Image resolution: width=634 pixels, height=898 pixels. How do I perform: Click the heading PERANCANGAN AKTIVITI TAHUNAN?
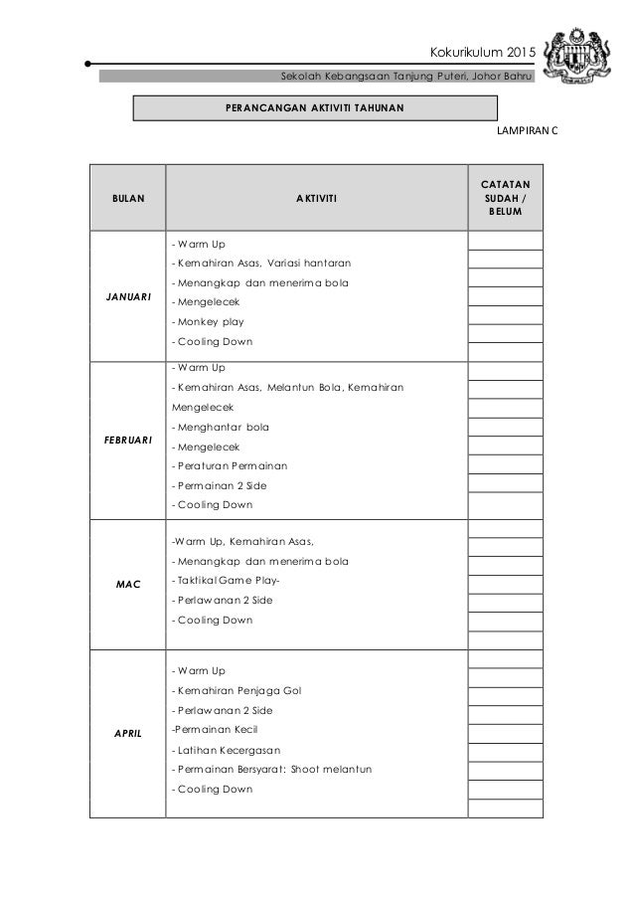pos(316,107)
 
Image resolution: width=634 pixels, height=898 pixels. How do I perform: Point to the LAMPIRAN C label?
pos(526,130)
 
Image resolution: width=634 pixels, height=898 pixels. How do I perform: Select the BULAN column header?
pos(127,199)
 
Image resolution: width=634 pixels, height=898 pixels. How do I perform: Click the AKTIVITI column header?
pos(316,199)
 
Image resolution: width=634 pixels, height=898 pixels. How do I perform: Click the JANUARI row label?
pos(127,294)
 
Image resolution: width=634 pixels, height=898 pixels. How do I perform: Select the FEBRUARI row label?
pos(127,440)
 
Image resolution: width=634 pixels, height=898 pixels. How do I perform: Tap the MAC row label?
pos(127,584)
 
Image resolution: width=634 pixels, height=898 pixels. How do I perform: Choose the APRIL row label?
pos(127,732)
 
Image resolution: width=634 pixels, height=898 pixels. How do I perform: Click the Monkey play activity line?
pos(208,322)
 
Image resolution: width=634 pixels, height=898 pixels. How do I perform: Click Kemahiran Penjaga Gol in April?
pos(237,690)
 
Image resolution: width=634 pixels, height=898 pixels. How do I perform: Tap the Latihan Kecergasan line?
pos(227,750)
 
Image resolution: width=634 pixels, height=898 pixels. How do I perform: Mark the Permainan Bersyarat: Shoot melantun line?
pos(270,770)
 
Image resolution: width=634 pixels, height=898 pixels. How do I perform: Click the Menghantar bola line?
pos(220,427)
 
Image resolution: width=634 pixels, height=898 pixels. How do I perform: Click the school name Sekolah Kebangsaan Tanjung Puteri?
pos(407,78)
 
